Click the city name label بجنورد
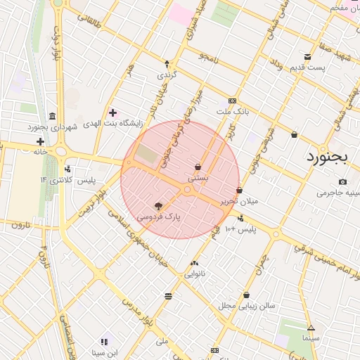point(328,156)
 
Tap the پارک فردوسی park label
point(158,217)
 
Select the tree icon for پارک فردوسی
point(158,207)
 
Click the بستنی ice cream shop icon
point(198,167)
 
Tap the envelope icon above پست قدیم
point(307,57)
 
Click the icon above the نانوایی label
point(194,264)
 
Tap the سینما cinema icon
point(311,328)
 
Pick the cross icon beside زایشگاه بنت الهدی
point(112,112)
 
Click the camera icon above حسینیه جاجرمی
point(342,181)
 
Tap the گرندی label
point(166,74)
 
